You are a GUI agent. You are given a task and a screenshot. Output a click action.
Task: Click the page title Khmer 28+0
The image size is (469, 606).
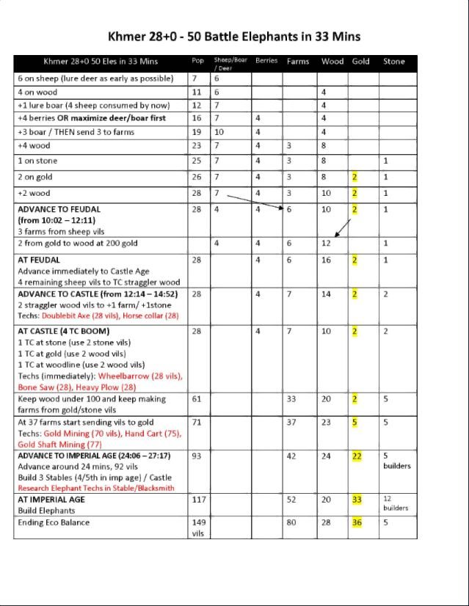234,36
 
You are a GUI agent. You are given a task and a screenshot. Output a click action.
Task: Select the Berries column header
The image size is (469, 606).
266,61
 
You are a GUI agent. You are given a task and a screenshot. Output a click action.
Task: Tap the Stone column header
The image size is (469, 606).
393,62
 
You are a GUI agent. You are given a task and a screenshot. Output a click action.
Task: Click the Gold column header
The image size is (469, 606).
360,62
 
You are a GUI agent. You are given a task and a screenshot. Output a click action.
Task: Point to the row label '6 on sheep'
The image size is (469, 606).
42,77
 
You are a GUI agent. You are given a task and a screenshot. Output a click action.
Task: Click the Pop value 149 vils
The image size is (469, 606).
199,527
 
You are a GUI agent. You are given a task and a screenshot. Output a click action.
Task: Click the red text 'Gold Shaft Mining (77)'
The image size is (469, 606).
60,444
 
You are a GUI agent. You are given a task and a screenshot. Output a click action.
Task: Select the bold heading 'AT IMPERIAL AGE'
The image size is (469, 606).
51,499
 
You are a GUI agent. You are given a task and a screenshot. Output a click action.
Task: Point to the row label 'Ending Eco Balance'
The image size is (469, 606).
54,522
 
